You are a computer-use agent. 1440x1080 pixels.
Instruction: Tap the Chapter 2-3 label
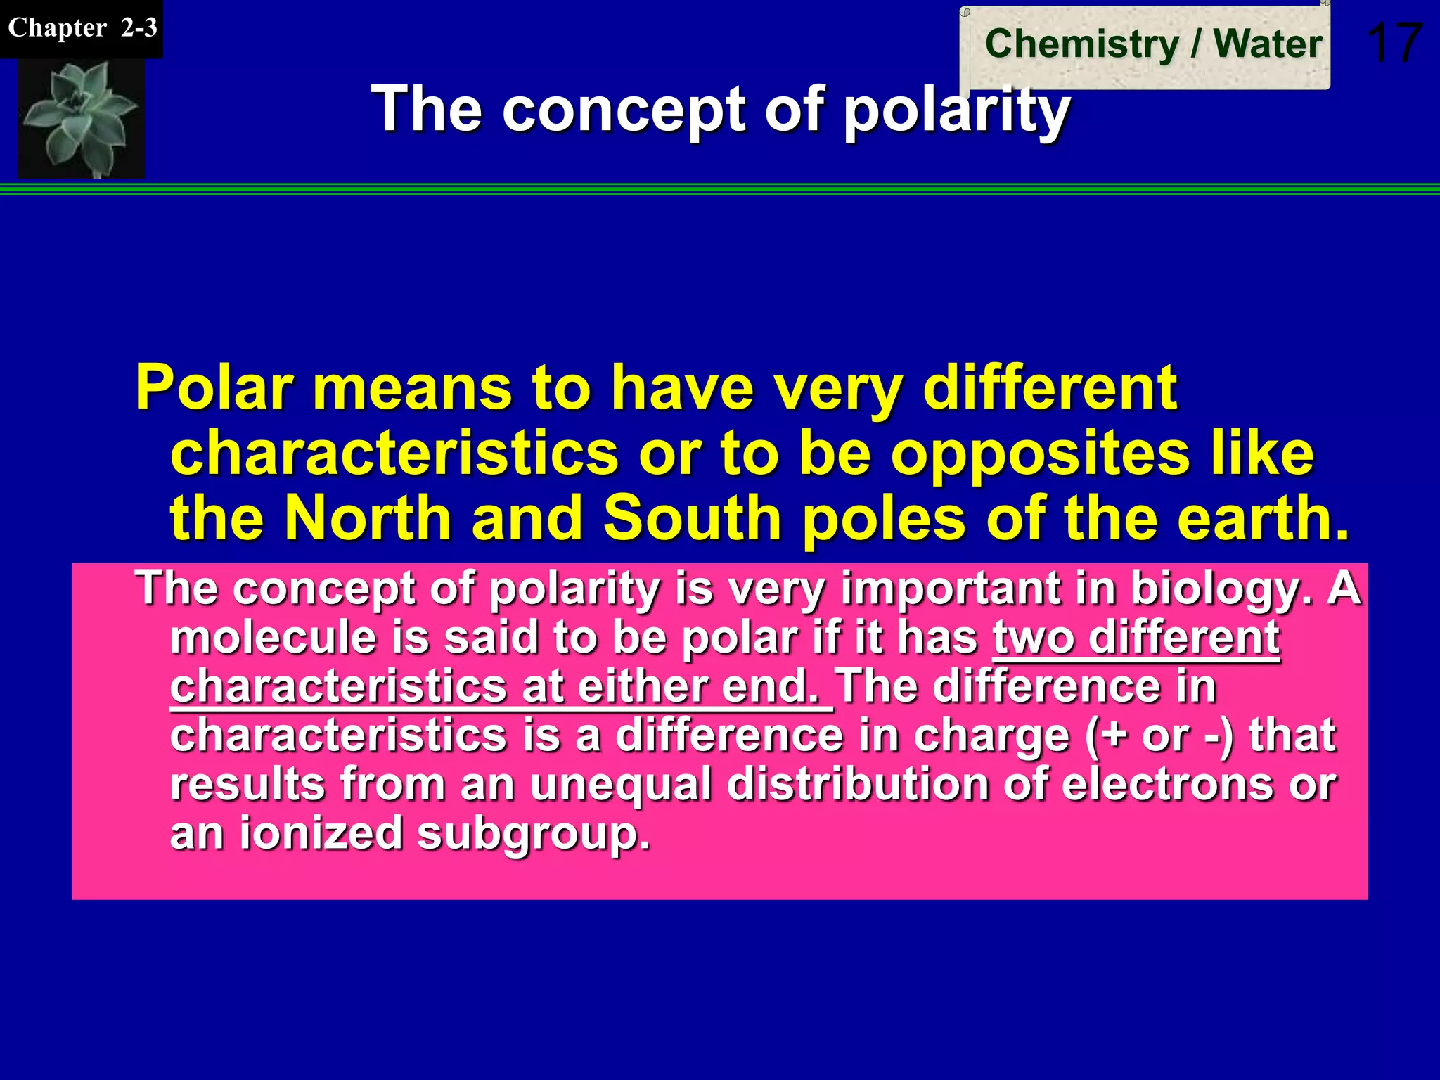coord(82,28)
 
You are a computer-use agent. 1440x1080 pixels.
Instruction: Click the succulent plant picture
coord(81,117)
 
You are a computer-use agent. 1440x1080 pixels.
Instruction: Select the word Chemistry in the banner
coord(1081,44)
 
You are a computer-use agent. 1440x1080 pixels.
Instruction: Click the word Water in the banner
coord(1268,44)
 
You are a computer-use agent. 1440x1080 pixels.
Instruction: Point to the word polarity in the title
coord(956,110)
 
